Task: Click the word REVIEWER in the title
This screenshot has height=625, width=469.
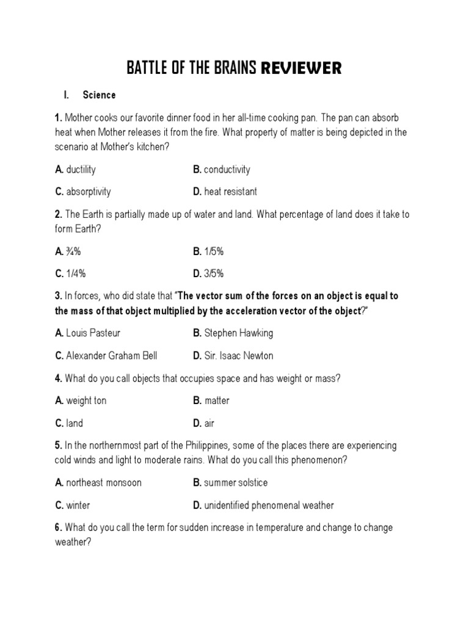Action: (x=301, y=68)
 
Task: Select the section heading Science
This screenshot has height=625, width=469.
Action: (x=99, y=95)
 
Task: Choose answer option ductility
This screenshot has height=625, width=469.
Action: (x=81, y=169)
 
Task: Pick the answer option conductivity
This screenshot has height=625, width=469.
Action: (x=227, y=169)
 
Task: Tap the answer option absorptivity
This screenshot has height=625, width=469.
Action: (x=89, y=192)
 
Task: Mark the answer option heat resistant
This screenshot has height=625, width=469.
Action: (x=230, y=192)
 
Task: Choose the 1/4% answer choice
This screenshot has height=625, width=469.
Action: (x=75, y=273)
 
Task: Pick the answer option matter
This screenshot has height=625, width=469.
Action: (x=217, y=400)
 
